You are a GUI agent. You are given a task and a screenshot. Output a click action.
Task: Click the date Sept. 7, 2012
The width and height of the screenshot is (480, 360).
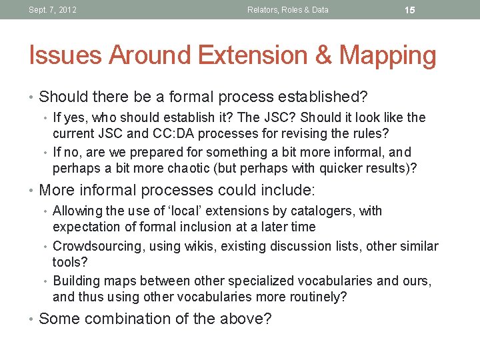click(x=53, y=10)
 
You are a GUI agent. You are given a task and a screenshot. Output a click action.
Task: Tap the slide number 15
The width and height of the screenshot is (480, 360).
click(x=410, y=10)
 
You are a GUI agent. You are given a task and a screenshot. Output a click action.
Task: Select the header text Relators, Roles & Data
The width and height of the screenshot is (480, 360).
click(x=287, y=10)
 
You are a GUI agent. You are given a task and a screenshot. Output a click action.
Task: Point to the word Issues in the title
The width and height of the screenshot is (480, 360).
click(x=62, y=55)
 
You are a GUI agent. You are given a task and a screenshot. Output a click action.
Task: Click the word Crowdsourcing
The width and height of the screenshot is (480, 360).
click(x=98, y=247)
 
